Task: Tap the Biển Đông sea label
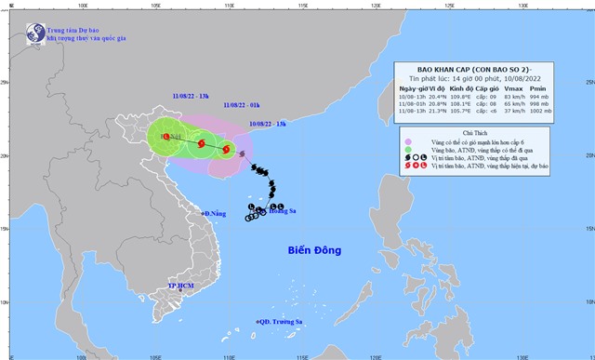[x=313, y=250]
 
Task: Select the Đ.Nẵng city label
[x=214, y=214]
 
